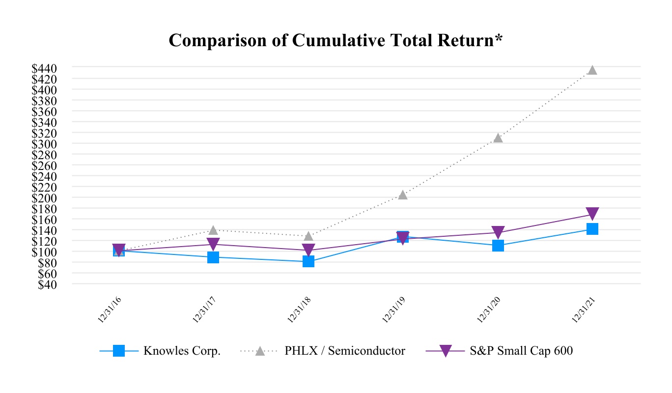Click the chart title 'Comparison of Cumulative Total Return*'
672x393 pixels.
pyautogui.click(x=336, y=41)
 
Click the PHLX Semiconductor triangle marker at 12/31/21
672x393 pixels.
pyautogui.click(x=592, y=70)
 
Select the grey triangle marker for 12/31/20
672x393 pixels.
pyautogui.click(x=498, y=138)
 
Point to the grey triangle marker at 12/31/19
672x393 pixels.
pyautogui.click(x=403, y=195)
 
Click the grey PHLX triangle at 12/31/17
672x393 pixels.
pyautogui.click(x=213, y=230)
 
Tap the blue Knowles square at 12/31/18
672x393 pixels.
pyautogui.click(x=308, y=261)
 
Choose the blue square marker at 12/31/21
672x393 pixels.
pyautogui.click(x=592, y=229)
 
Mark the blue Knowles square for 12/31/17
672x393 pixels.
pyautogui.click(x=213, y=257)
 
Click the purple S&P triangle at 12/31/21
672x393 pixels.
pyautogui.click(x=592, y=214)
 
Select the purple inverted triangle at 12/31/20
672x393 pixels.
pyautogui.click(x=498, y=232)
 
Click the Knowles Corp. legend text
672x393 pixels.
pyautogui.click(x=182, y=351)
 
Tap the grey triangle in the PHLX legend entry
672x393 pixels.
pyautogui.click(x=260, y=351)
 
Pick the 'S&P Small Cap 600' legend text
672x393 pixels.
pyautogui.click(x=521, y=351)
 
